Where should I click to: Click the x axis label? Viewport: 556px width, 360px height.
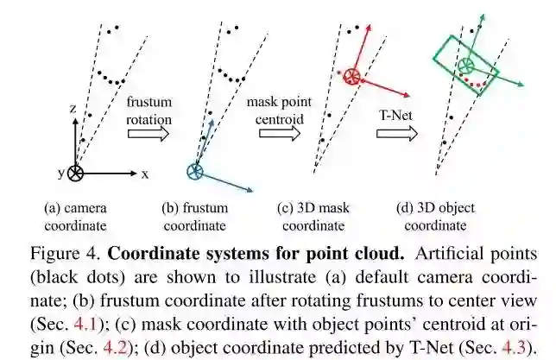coord(145,174)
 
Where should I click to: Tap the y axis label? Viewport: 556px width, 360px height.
coord(61,173)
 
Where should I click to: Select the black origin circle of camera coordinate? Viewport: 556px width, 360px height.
coord(76,173)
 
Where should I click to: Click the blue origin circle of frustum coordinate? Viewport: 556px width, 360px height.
coord(194,172)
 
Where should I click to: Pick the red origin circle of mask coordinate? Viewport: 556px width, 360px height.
coord(352,78)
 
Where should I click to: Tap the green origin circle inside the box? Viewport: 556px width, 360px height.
coord(466,66)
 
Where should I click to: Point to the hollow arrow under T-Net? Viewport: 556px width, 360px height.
coord(396,134)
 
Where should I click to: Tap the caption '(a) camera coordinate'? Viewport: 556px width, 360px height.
coord(76,217)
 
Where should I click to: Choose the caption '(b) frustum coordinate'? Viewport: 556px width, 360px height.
coord(194,217)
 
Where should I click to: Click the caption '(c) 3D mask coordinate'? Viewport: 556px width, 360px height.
coord(316,217)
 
